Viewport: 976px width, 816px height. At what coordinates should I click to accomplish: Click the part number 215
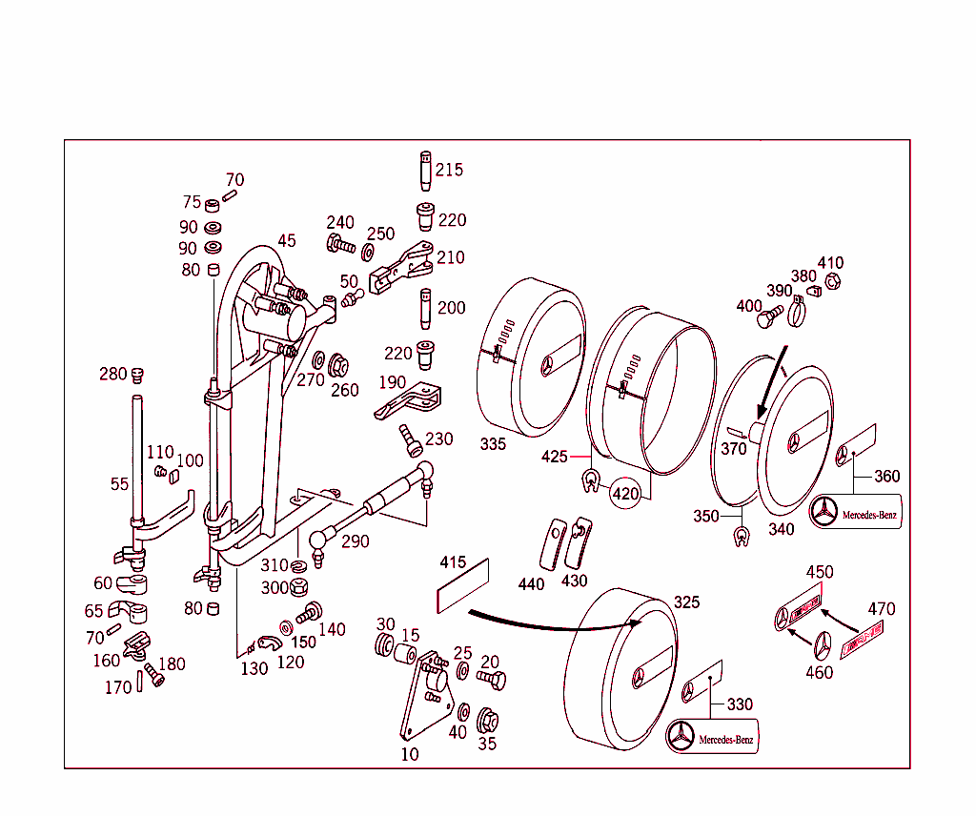449,170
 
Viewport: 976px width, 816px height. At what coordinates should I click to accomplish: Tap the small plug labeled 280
136,373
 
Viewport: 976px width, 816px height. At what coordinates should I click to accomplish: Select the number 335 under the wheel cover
494,444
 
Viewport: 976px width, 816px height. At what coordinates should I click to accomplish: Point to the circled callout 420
625,494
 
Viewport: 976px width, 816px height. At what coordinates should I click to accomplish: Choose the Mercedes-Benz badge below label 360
855,513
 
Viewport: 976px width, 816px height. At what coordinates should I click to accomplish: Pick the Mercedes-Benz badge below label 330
713,737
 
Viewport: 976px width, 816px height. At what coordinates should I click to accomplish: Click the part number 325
686,602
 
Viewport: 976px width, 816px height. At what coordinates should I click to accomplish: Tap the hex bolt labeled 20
492,679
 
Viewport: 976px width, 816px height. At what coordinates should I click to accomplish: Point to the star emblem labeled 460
820,645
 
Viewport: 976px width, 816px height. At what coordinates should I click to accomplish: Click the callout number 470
881,608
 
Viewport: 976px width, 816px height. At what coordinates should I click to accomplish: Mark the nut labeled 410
831,281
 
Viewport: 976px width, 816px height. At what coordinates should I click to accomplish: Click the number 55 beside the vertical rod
119,484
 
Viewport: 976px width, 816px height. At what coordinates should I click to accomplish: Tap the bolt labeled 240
339,244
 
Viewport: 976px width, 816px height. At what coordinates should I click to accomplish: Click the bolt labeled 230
412,440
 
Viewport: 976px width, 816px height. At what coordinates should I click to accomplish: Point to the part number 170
118,687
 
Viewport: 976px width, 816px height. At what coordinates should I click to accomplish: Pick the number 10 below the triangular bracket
409,754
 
